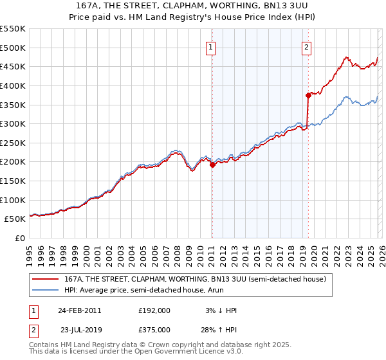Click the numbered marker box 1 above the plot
point(212,47)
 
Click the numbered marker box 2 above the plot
point(306,47)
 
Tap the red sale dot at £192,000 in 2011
point(212,165)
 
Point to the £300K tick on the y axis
point(13,123)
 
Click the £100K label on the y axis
point(13,200)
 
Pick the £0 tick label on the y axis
point(19,238)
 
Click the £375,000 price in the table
point(154,329)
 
